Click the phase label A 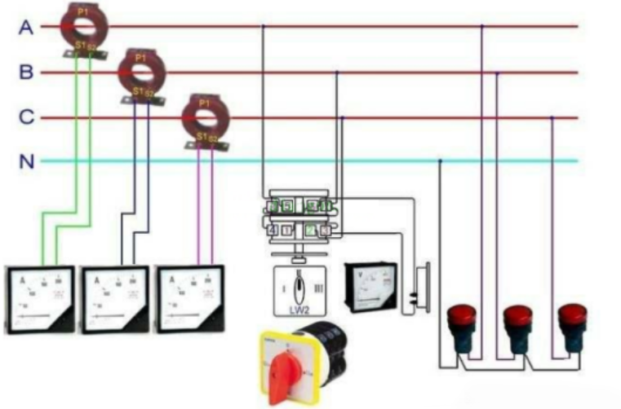(x=26, y=28)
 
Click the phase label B (x=26, y=73)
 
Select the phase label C (x=26, y=118)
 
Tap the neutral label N (x=26, y=161)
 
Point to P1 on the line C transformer (x=205, y=103)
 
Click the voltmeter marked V (x=370, y=286)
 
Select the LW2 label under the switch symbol (x=299, y=309)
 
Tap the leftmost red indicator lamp (x=463, y=320)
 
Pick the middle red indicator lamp (x=517, y=320)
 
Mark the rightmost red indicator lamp (x=571, y=320)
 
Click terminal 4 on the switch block (x=272, y=230)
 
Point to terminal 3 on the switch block (x=325, y=230)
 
